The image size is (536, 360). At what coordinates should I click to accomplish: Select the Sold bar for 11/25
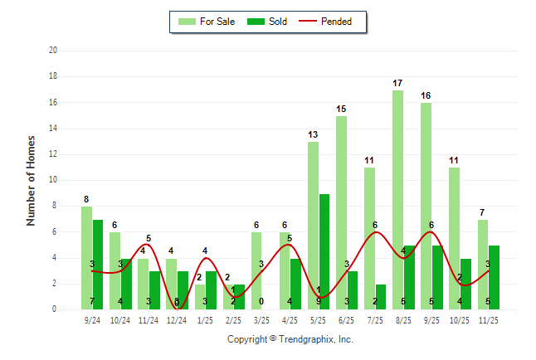coord(494,277)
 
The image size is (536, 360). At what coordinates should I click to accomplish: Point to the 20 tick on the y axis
coord(53,51)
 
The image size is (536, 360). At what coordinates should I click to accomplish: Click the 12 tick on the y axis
coord(53,154)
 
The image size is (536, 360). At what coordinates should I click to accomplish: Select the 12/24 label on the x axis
coord(177,319)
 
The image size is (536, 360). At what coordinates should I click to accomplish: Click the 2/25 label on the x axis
coord(233,319)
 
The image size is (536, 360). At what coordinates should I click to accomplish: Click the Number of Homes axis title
coord(32,180)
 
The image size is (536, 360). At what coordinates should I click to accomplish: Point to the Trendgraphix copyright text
coord(290,339)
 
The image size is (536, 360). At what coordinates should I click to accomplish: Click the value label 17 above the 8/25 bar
coord(398,83)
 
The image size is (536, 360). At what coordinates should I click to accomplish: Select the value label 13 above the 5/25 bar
coord(313,134)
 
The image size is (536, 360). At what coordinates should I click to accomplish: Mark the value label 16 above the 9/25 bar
coord(426,95)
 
